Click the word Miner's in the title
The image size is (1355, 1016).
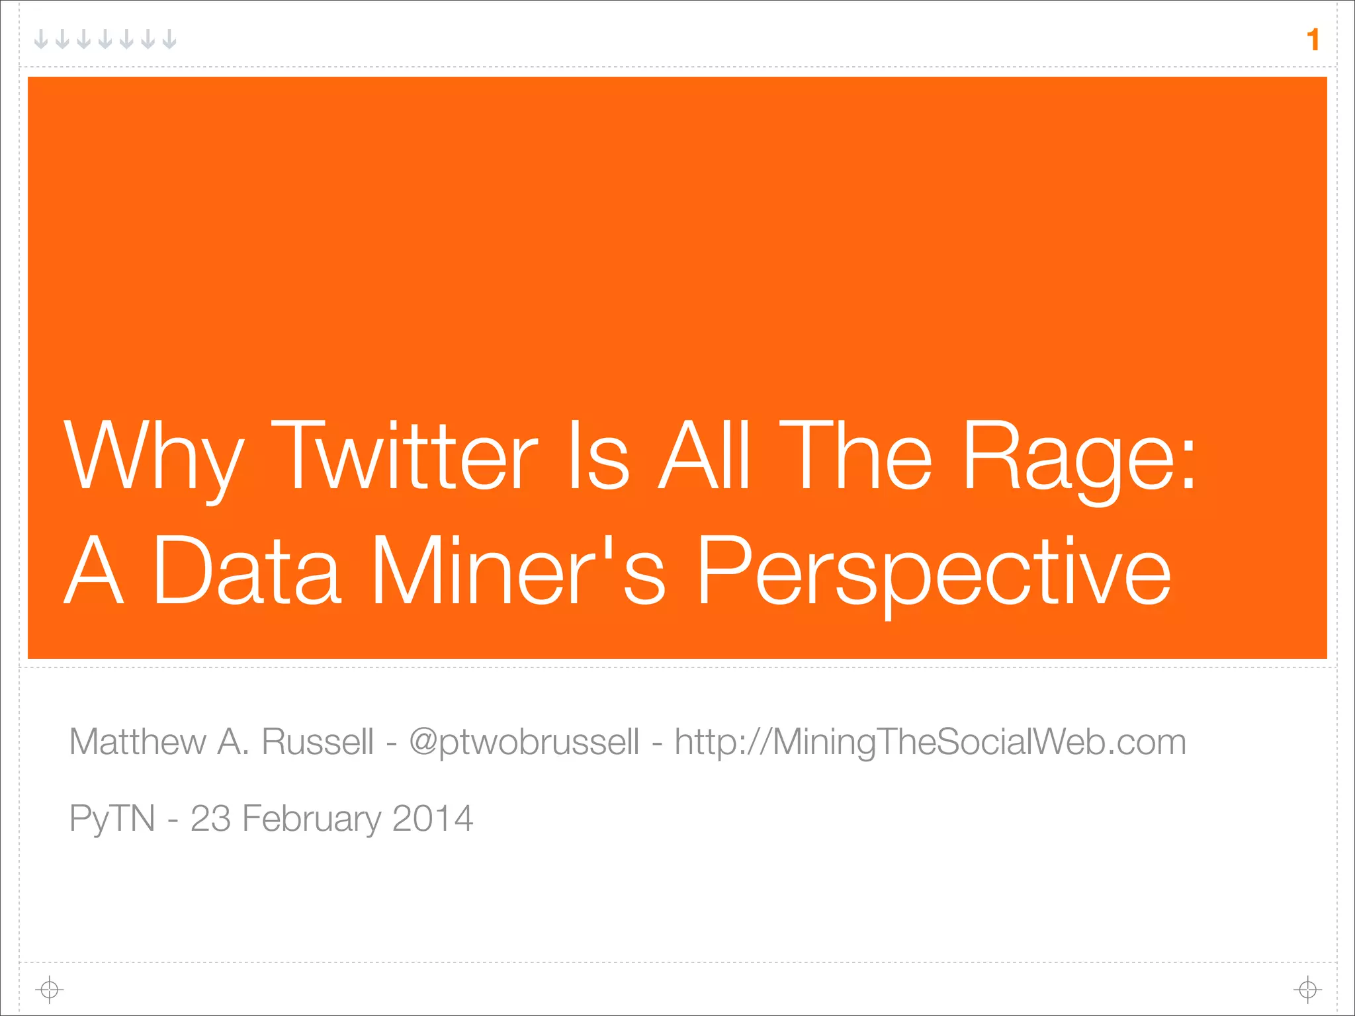518,571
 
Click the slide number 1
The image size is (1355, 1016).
1313,40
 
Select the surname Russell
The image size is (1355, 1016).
318,741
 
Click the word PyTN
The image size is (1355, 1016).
112,819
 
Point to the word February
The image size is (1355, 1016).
312,819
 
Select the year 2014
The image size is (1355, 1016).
433,818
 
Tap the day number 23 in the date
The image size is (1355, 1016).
210,818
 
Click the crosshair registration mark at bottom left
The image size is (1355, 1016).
50,990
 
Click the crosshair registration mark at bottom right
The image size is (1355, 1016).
1307,990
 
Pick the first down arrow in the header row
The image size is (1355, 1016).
41,40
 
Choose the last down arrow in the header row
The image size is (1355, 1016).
169,40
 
